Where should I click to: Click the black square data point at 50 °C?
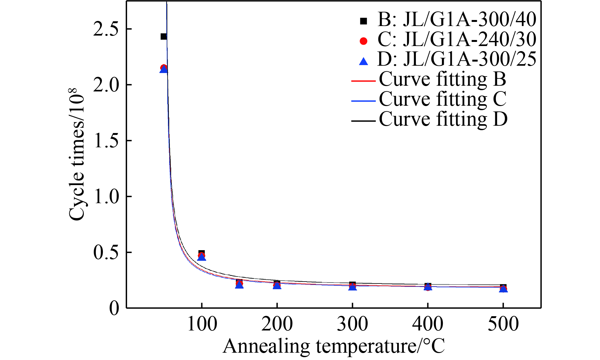click(163, 37)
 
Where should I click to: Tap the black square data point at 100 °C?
click(201, 253)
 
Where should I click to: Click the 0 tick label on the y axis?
click(114, 308)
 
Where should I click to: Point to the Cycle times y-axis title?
click(77, 154)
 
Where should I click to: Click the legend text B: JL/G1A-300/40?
click(457, 19)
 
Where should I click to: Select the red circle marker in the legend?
click(363, 41)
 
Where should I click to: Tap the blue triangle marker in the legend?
click(363, 61)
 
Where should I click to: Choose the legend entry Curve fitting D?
click(443, 120)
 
